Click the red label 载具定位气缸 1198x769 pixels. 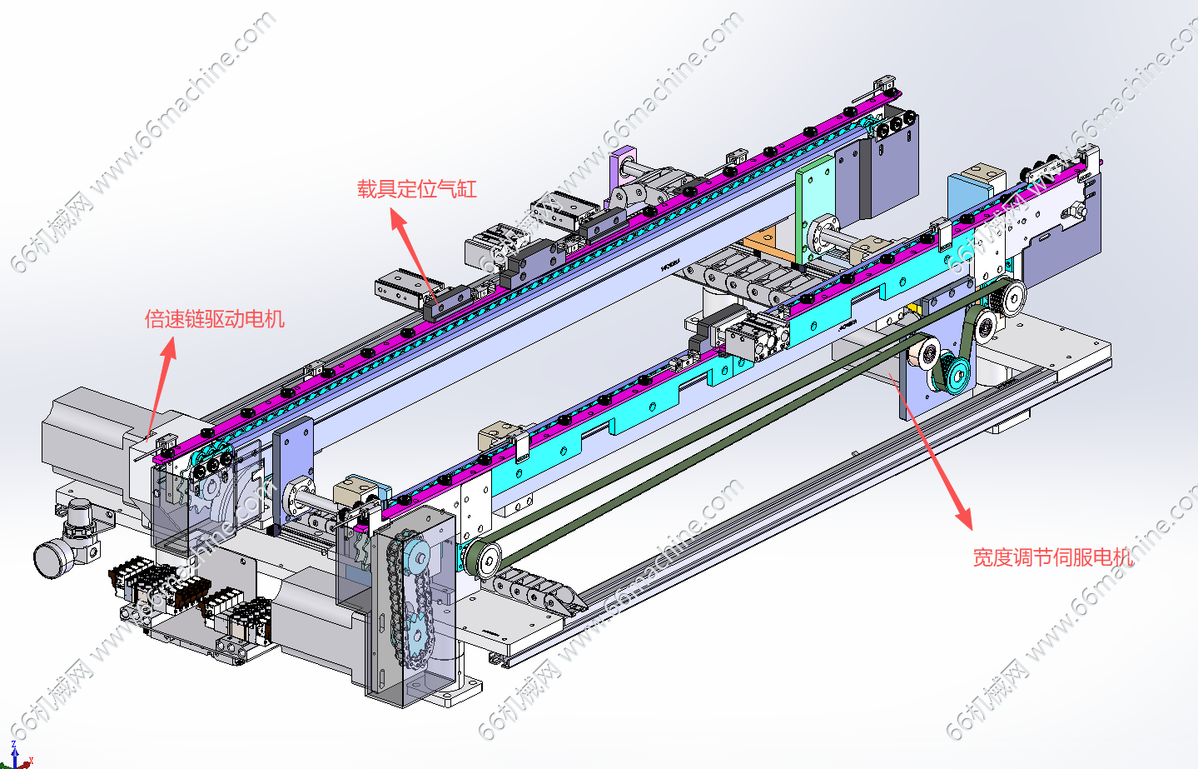(x=416, y=189)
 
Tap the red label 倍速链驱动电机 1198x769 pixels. (x=215, y=319)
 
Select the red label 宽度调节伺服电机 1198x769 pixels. (x=1052, y=557)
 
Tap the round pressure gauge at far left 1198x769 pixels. (x=52, y=557)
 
